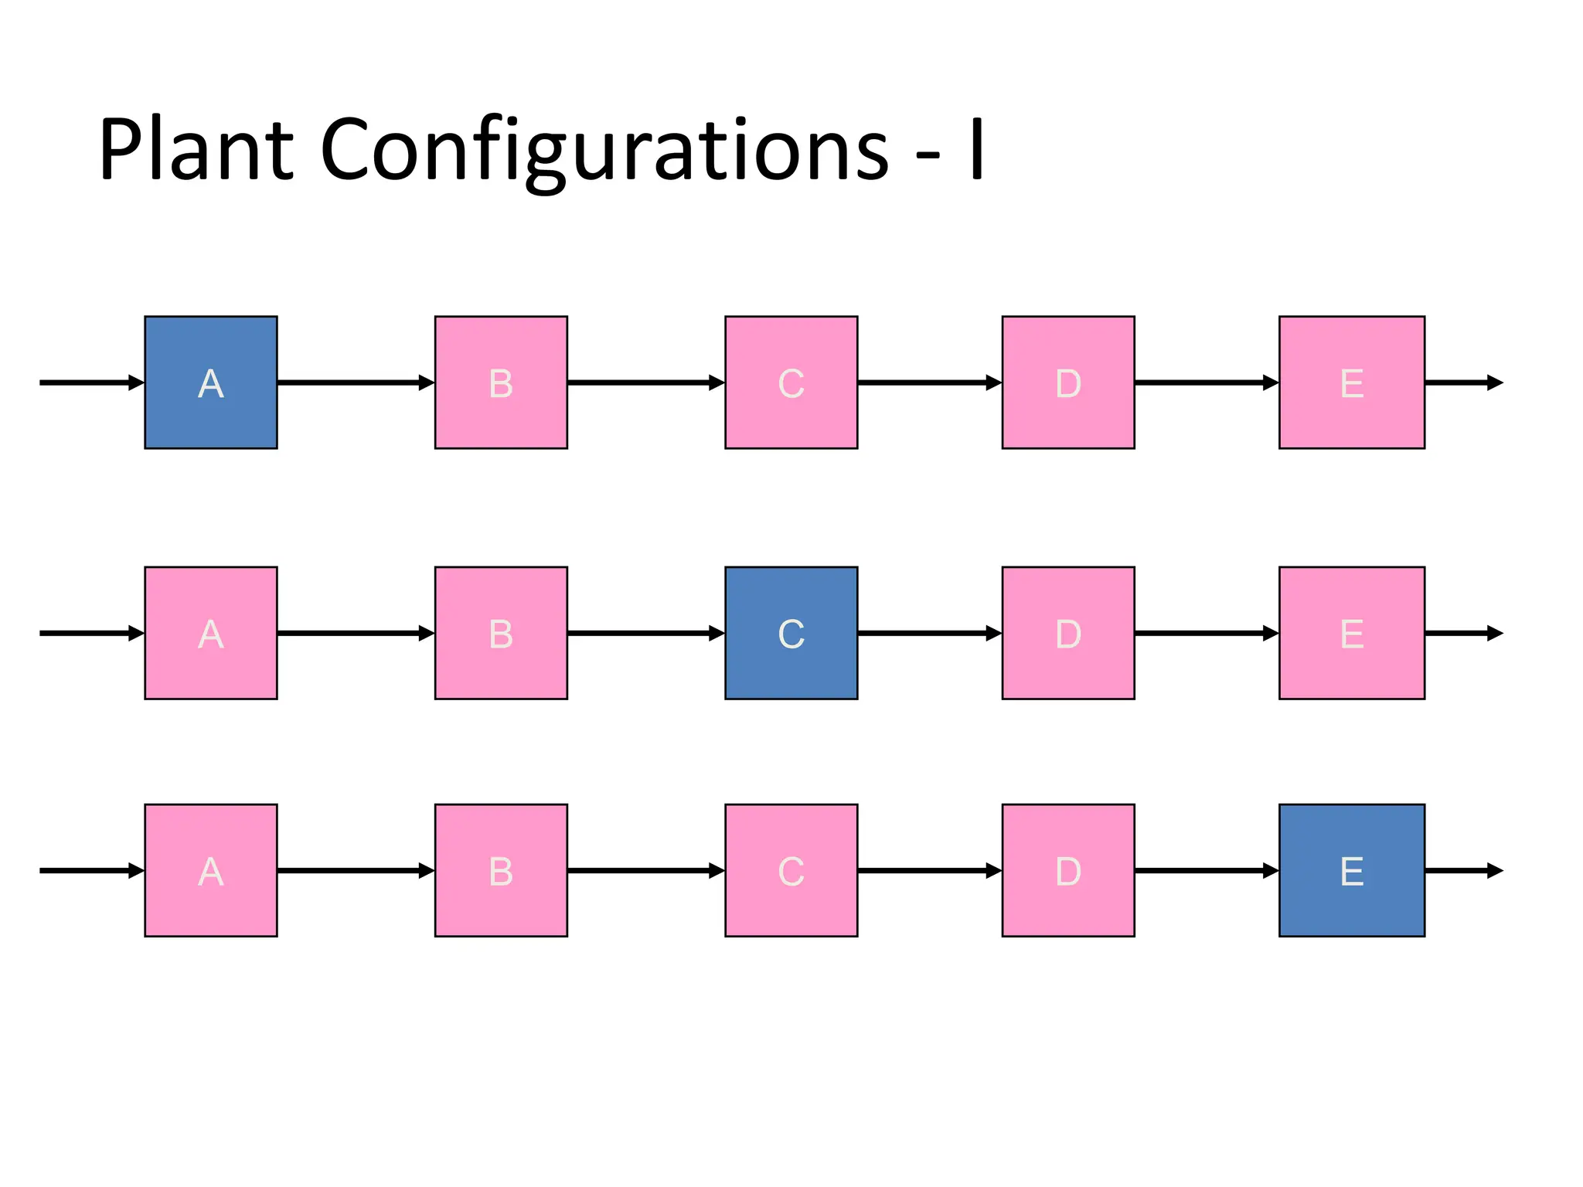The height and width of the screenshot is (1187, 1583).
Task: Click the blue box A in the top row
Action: pos(210,383)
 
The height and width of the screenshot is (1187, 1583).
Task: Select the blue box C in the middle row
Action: pos(791,633)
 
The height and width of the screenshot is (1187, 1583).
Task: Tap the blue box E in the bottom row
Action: pos(1351,870)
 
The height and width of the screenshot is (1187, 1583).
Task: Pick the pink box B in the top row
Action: pos(501,383)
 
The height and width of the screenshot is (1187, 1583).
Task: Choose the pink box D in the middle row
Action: pos(1068,633)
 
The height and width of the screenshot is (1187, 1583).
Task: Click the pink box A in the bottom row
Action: pos(210,870)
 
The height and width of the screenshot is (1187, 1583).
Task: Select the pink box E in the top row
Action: pos(1351,383)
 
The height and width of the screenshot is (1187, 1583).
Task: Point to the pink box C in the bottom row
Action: pos(791,870)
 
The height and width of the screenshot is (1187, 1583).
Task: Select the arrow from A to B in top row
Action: pos(356,383)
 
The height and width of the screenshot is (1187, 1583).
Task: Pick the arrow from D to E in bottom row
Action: pos(1206,870)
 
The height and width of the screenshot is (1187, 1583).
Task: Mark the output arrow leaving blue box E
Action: pos(1462,870)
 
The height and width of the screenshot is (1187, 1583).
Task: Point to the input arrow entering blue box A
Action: pos(91,383)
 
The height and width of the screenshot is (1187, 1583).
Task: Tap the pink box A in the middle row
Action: pos(210,633)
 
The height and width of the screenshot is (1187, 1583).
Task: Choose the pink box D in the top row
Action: pos(1068,383)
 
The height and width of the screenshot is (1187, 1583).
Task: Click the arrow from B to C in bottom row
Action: pos(645,870)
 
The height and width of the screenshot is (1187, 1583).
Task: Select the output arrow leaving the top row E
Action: pos(1462,383)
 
